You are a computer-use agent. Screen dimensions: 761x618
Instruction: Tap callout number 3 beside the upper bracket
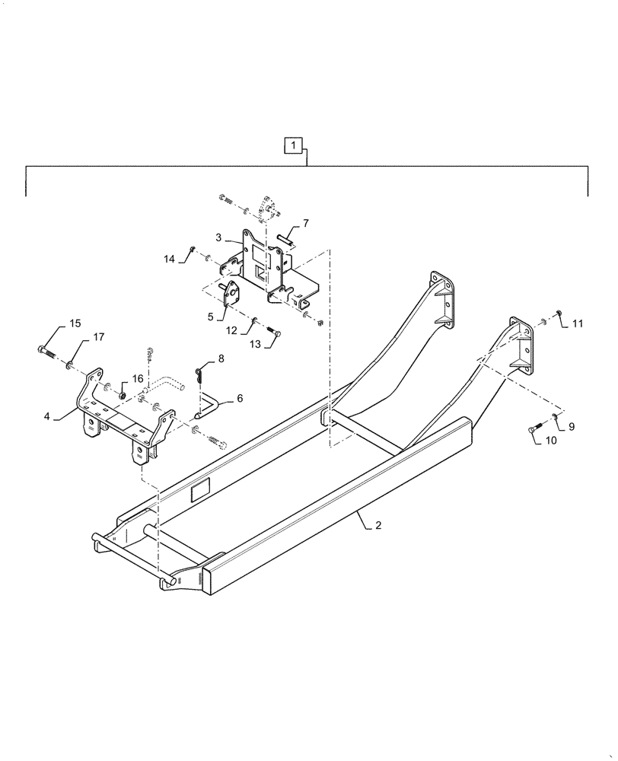click(x=218, y=238)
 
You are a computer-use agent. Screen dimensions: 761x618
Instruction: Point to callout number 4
click(x=47, y=416)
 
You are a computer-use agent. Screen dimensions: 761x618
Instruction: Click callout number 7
click(x=305, y=223)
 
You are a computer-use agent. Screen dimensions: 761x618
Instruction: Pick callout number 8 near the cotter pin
click(x=221, y=357)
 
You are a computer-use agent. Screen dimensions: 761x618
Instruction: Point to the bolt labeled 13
click(x=276, y=333)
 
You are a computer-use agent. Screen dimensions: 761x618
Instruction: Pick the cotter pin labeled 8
click(x=199, y=373)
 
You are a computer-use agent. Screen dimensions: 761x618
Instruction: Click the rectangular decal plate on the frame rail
click(x=200, y=492)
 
